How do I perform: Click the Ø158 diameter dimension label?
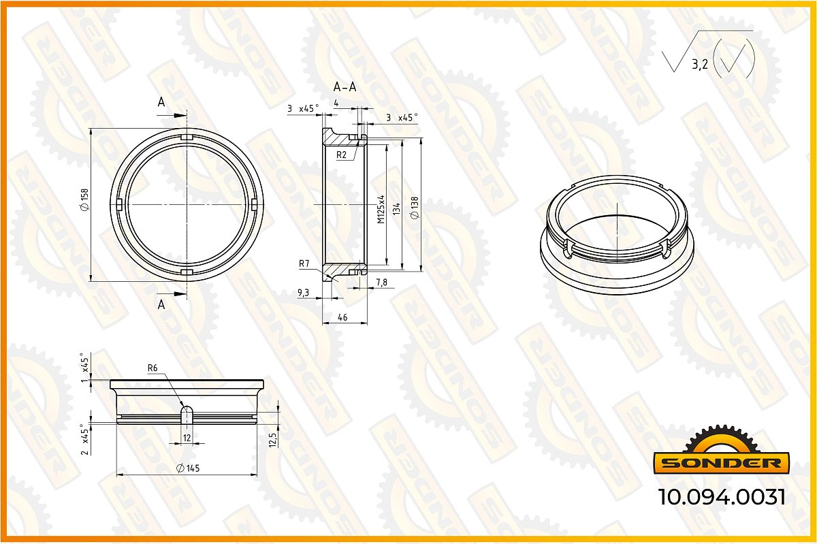(x=84, y=199)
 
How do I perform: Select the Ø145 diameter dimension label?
(x=188, y=468)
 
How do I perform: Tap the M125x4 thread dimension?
(x=381, y=209)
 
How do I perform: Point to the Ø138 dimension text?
(x=415, y=208)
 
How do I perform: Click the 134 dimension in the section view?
(x=397, y=208)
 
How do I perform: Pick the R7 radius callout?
(x=304, y=263)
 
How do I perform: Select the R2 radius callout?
(x=341, y=155)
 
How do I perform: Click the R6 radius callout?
(x=153, y=368)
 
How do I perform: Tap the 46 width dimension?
(x=342, y=317)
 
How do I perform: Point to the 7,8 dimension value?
(x=381, y=282)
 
